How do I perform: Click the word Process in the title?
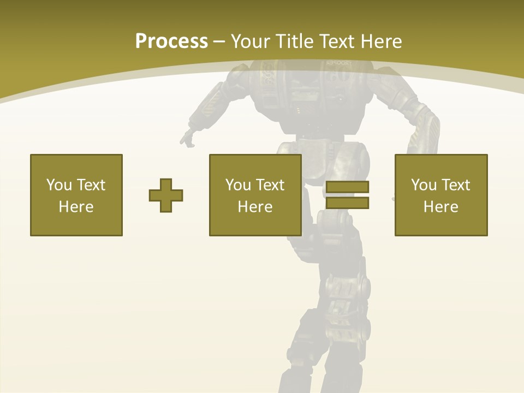click(x=171, y=41)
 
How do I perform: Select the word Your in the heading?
click(x=250, y=41)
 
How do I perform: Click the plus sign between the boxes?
click(x=166, y=195)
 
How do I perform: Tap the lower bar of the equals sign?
click(x=347, y=203)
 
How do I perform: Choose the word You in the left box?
click(x=59, y=185)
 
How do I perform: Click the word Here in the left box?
click(x=76, y=207)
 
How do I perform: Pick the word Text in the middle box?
click(x=271, y=185)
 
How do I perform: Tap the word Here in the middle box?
click(x=255, y=207)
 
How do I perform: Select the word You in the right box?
click(x=424, y=185)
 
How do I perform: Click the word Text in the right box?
click(x=457, y=185)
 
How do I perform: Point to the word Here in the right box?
click(x=440, y=207)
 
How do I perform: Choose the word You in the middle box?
click(x=238, y=185)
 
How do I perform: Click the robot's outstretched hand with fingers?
click(x=188, y=138)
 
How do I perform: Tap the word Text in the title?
click(x=335, y=41)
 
